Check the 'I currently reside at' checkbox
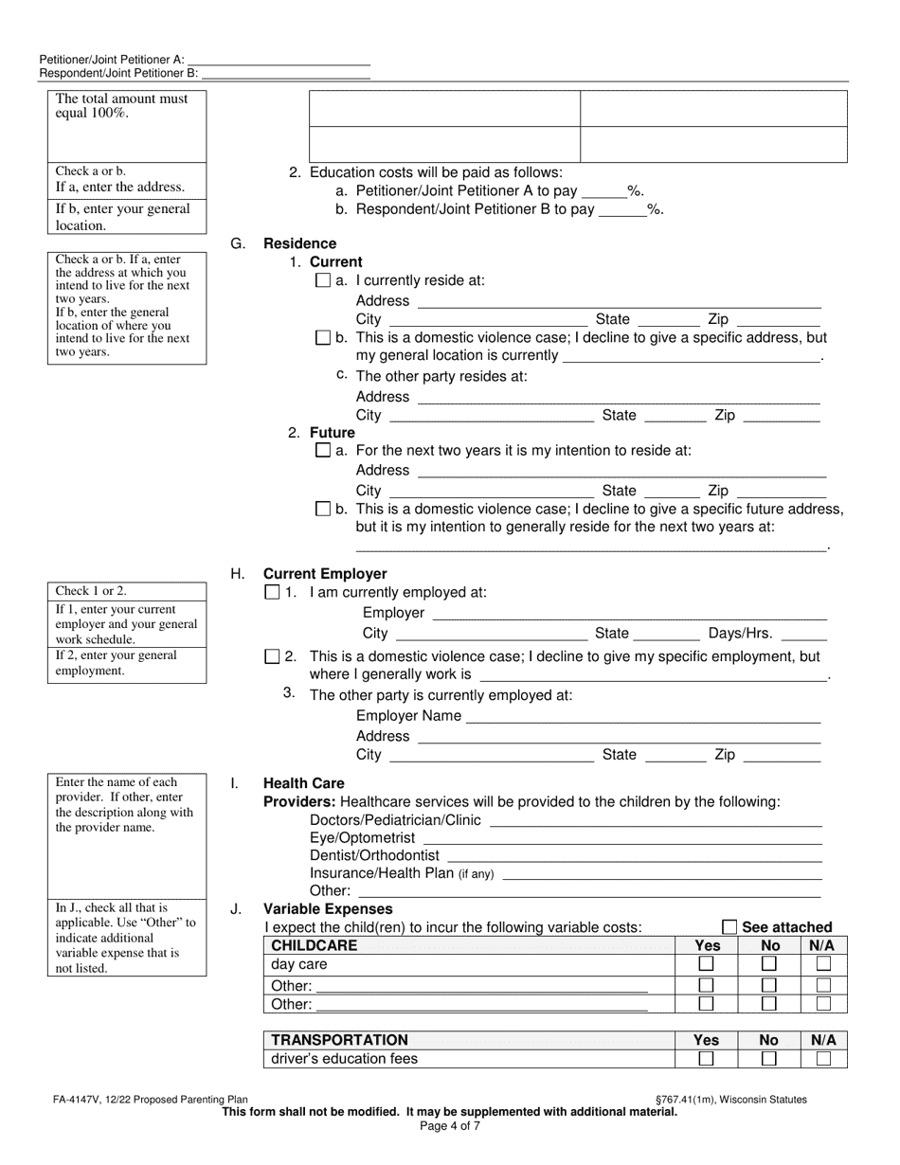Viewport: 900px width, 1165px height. click(322, 281)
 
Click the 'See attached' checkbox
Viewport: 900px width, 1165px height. click(729, 927)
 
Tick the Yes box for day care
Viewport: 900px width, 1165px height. click(706, 964)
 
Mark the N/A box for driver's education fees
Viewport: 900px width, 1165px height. click(823, 1059)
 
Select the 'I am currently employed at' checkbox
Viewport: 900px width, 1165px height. click(273, 593)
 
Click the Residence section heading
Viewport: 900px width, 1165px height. click(299, 243)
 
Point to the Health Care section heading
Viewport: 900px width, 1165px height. click(303, 783)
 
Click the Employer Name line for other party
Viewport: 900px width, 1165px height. click(643, 716)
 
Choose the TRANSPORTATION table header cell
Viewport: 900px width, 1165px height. click(339, 1040)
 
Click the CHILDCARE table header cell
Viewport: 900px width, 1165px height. click(315, 945)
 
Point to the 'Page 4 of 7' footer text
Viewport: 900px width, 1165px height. click(450, 1127)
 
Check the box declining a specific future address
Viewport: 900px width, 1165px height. click(322, 510)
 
